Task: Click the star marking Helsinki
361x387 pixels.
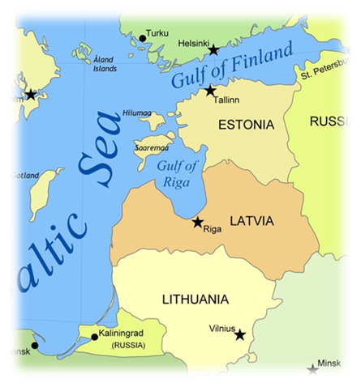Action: [213, 50]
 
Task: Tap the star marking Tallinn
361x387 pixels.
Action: [211, 91]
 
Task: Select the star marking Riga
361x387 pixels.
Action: [197, 222]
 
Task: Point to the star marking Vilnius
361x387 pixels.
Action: [240, 334]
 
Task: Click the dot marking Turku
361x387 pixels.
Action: [141, 37]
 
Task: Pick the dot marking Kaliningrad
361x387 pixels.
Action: [94, 336]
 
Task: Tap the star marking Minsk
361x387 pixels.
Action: [313, 370]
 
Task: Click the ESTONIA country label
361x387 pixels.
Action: [247, 125]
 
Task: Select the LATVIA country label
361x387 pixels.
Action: [251, 221]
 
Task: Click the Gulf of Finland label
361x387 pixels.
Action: [231, 68]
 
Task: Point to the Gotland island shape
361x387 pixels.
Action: [42, 190]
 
